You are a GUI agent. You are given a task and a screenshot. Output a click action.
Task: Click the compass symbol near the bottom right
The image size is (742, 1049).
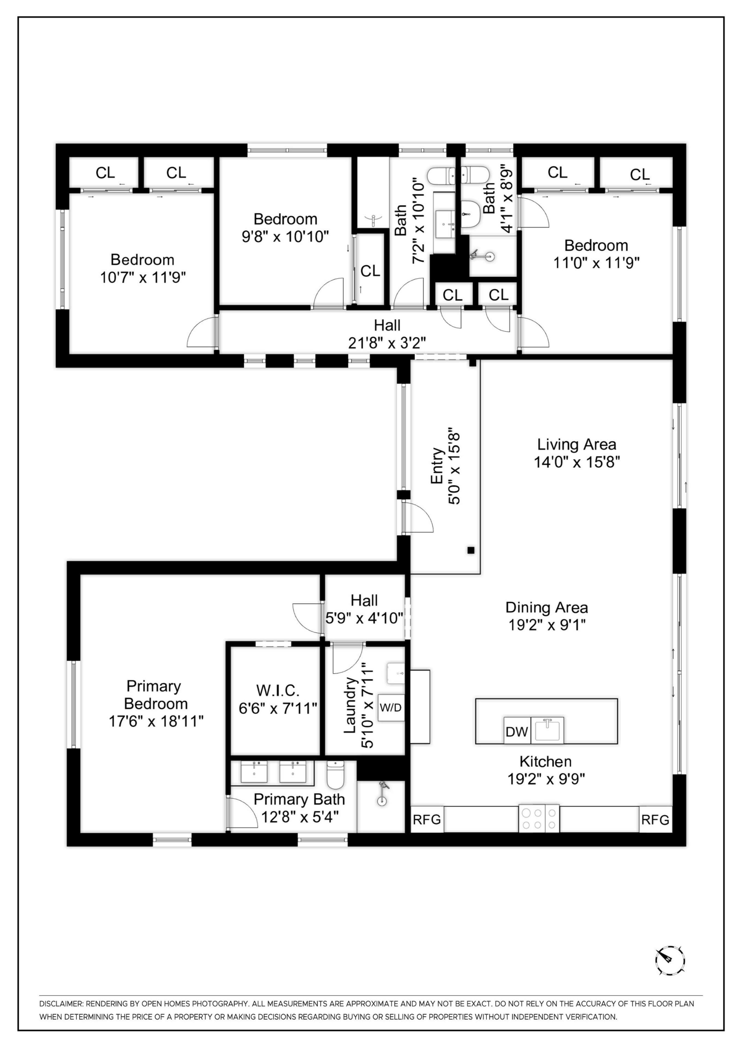pyautogui.click(x=670, y=960)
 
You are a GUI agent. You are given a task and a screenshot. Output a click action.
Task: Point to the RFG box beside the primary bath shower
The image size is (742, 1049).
pyautogui.click(x=427, y=820)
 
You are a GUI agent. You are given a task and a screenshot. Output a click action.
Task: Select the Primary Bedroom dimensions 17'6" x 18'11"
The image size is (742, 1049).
pyautogui.click(x=156, y=721)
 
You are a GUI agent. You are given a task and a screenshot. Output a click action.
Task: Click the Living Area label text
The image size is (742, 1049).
pyautogui.click(x=576, y=444)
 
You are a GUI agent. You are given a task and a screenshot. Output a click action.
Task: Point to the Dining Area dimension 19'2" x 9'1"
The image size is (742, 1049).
pyautogui.click(x=547, y=624)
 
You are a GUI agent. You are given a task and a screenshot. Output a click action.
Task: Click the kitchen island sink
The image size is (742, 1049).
pyautogui.click(x=549, y=730)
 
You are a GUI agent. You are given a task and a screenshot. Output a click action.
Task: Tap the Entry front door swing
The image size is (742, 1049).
pyautogui.click(x=417, y=517)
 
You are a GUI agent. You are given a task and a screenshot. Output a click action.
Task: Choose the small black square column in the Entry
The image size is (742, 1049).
pyautogui.click(x=471, y=550)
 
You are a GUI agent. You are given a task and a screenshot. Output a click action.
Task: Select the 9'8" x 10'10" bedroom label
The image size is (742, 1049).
pyautogui.click(x=285, y=237)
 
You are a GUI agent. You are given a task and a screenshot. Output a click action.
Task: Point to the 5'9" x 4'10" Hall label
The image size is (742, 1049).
pyautogui.click(x=364, y=618)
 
